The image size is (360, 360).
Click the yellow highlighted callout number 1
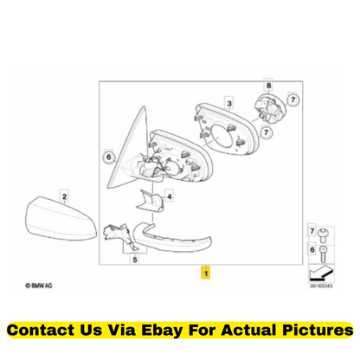pyautogui.click(x=205, y=273)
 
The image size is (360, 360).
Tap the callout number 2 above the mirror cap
pyautogui.click(x=64, y=196)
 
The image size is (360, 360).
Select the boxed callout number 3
pyautogui.click(x=229, y=104)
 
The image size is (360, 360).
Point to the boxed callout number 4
pyautogui.click(x=170, y=196)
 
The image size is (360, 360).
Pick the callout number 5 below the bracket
pyautogui.click(x=135, y=260)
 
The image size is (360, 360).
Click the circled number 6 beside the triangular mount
pyautogui.click(x=109, y=157)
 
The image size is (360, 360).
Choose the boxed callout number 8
pyautogui.click(x=268, y=86)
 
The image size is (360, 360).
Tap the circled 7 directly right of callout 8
pyautogui.click(x=293, y=100)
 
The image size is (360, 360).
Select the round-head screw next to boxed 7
pyautogui.click(x=323, y=235)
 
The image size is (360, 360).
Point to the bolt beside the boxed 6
pyautogui.click(x=323, y=254)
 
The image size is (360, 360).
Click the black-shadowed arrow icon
pyautogui.click(x=320, y=274)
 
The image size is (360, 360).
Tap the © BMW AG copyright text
pyautogui.click(x=39, y=286)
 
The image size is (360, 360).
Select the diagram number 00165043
pyautogui.click(x=321, y=286)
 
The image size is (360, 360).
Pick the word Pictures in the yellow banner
pyautogui.click(x=318, y=330)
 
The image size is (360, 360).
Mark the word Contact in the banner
pyautogui.click(x=41, y=330)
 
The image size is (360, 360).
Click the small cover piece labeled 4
pyautogui.click(x=150, y=201)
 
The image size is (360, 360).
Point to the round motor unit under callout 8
pyautogui.click(x=270, y=108)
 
